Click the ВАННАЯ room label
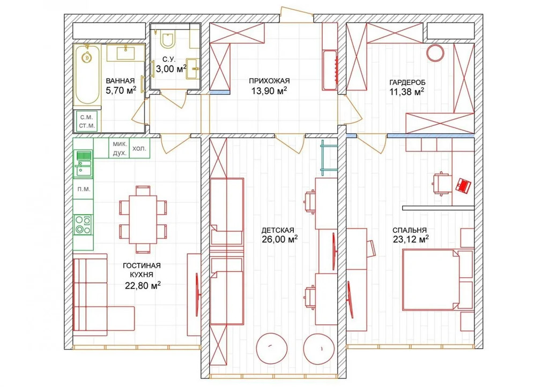click(120, 81)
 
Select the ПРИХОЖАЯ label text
click(269, 81)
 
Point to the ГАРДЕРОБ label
click(407, 82)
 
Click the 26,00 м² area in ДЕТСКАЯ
click(279, 239)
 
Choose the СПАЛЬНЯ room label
click(409, 230)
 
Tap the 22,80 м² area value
click(143, 286)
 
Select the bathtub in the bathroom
click(87, 75)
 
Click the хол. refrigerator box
click(139, 149)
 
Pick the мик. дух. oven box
click(120, 149)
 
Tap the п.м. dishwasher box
click(83, 189)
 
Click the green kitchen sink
click(83, 163)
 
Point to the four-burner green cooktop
click(83, 224)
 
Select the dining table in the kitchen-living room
click(143, 219)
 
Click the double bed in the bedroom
click(437, 279)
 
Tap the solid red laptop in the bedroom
click(464, 185)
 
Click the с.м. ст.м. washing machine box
click(87, 122)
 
